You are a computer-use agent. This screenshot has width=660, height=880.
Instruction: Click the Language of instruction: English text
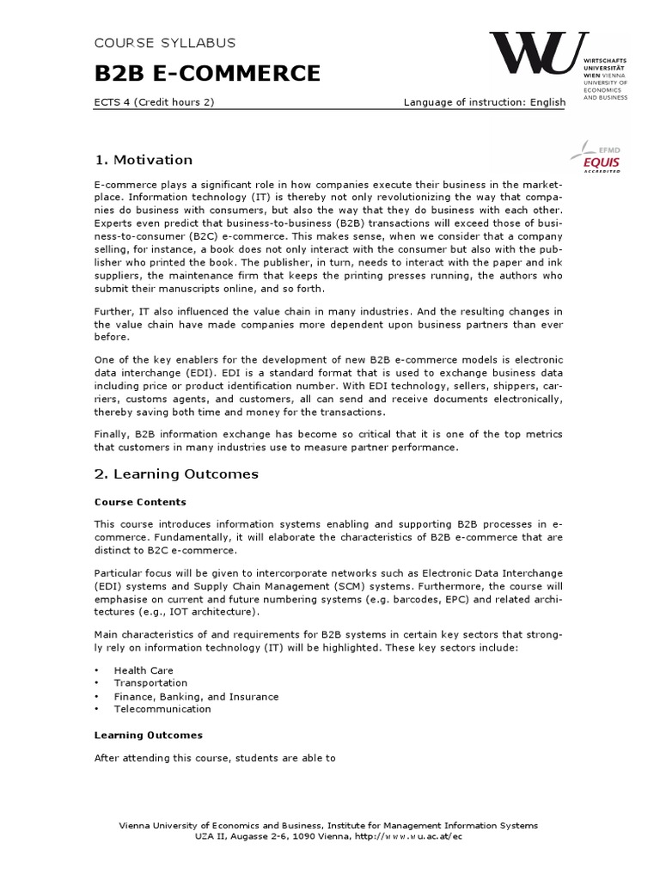(x=485, y=102)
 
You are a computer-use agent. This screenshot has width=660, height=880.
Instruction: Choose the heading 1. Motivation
(x=143, y=160)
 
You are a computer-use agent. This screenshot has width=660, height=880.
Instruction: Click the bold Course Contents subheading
(x=140, y=502)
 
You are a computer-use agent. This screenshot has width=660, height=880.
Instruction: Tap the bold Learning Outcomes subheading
(x=148, y=735)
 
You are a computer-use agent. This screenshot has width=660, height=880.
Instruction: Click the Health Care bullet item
(x=144, y=670)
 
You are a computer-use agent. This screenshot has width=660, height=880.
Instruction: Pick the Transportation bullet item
(x=150, y=683)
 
